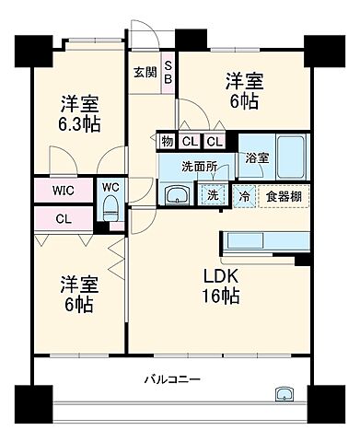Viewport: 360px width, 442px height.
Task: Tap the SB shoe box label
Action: (168, 72)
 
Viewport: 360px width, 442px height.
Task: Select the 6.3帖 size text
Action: (81, 124)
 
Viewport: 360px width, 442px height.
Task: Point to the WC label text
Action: (110, 187)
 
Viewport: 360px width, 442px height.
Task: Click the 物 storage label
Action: (166, 142)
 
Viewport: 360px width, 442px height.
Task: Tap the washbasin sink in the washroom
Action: (176, 195)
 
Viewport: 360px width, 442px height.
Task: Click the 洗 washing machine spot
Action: (213, 195)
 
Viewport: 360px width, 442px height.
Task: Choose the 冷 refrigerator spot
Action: (244, 196)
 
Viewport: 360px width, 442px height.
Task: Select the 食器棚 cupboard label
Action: (284, 196)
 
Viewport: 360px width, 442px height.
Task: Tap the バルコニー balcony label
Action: (172, 379)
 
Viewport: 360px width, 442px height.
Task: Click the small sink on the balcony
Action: (282, 394)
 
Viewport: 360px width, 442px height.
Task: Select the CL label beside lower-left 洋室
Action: (64, 219)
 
